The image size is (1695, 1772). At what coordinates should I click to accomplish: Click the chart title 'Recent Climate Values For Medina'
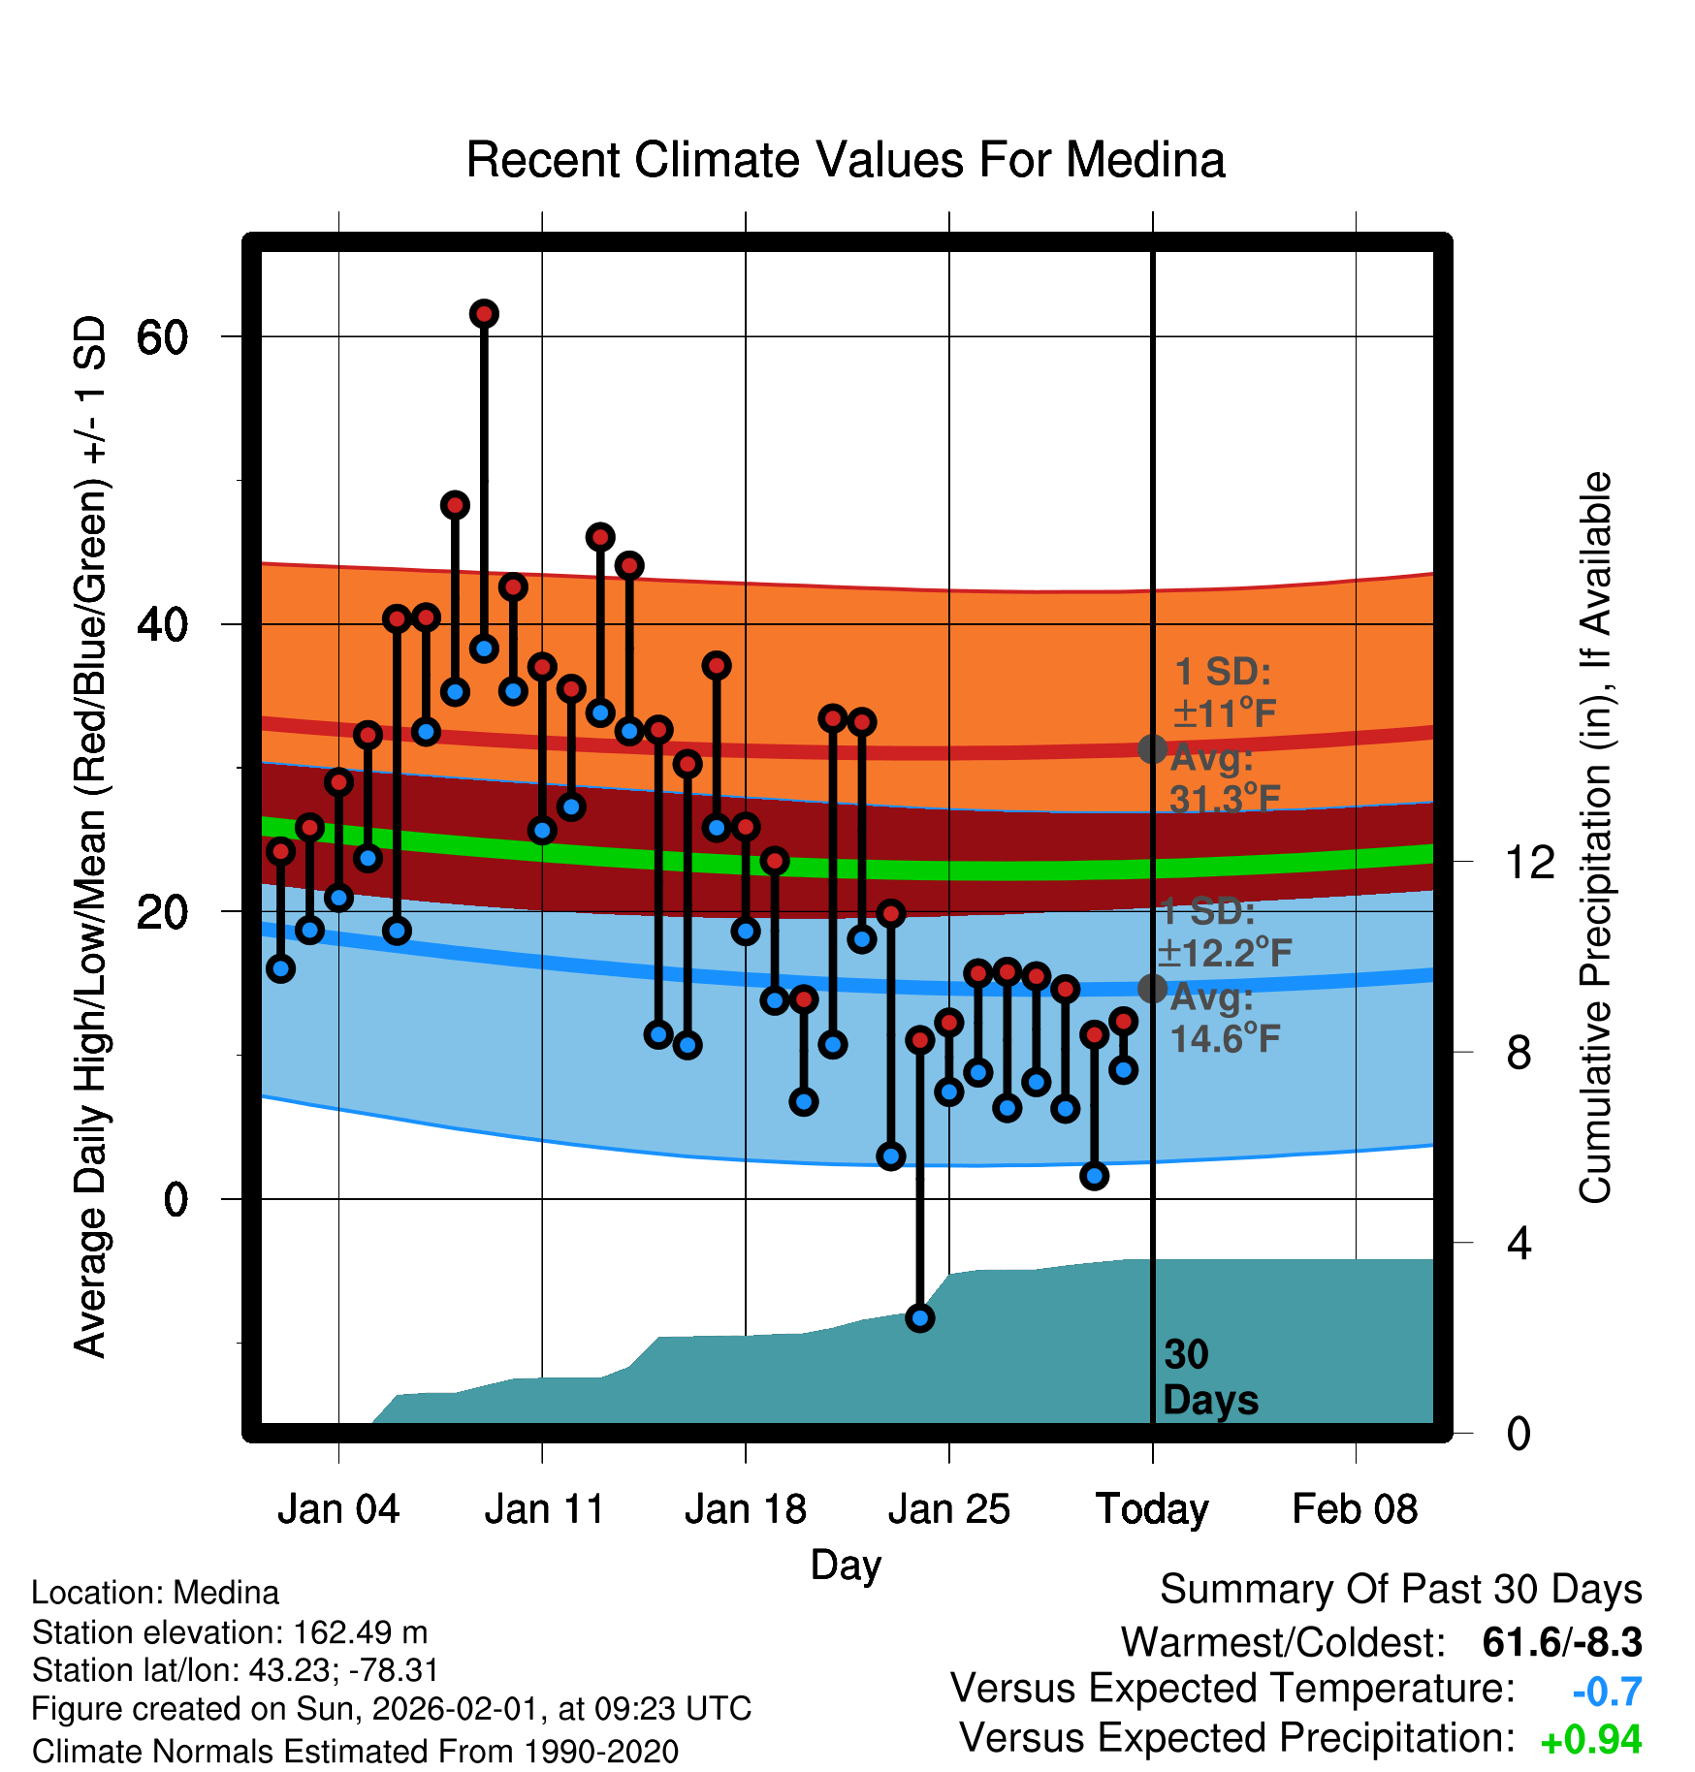tap(846, 160)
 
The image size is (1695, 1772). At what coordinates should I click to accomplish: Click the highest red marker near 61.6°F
tap(484, 314)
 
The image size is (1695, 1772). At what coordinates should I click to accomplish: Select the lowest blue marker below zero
tap(919, 1317)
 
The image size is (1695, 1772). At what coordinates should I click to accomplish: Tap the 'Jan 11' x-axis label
tap(544, 1509)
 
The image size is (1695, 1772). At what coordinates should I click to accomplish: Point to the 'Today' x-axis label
tap(1152, 1509)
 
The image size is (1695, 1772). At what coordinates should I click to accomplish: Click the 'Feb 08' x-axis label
tap(1355, 1509)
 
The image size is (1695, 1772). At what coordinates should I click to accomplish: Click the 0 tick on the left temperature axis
tap(176, 1200)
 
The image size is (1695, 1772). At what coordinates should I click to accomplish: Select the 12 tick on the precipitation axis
tap(1529, 862)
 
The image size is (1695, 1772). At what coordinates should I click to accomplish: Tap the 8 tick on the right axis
tap(1519, 1053)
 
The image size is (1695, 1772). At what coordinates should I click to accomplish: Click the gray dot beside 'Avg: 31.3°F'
tap(1152, 748)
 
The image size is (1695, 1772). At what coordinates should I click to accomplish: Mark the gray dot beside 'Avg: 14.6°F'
tap(1152, 988)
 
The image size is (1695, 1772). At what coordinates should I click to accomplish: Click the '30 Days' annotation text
tap(1209, 1377)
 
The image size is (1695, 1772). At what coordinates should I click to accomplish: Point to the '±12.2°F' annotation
tap(1225, 954)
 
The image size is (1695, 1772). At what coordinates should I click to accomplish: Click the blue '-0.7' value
tap(1607, 1692)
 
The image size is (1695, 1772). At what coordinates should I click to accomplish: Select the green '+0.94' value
tap(1591, 1740)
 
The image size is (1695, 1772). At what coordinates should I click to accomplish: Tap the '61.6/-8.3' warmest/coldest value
tap(1562, 1643)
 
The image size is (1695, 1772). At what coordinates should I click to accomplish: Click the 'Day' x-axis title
tap(846, 1565)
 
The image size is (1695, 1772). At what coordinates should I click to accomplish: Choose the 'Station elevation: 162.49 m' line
tap(230, 1632)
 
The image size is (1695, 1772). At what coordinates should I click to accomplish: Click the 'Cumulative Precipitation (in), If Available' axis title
tap(1594, 838)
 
